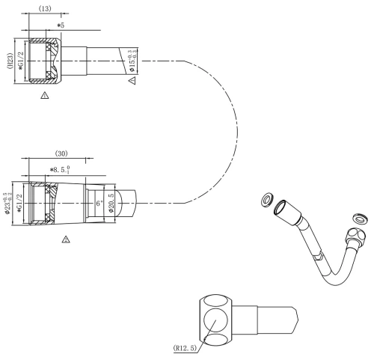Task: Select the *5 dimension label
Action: click(61, 26)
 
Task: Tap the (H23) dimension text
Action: click(9, 58)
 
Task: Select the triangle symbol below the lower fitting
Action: click(66, 240)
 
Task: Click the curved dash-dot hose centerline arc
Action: click(224, 132)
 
